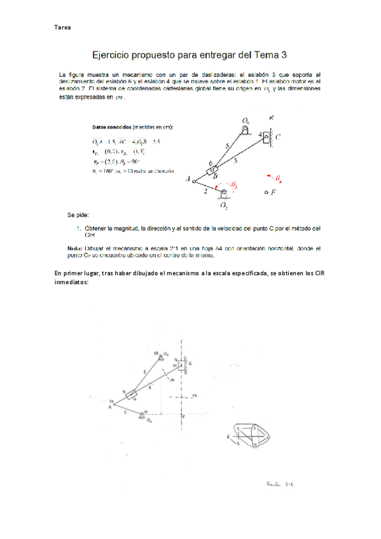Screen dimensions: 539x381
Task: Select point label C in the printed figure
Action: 278,137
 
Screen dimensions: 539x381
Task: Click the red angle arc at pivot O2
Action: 230,185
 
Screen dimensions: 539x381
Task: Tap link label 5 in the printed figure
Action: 227,147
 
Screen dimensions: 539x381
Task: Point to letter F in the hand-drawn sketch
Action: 183,416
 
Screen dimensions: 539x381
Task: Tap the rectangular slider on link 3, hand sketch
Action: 132,395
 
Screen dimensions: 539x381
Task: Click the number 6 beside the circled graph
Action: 228,437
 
